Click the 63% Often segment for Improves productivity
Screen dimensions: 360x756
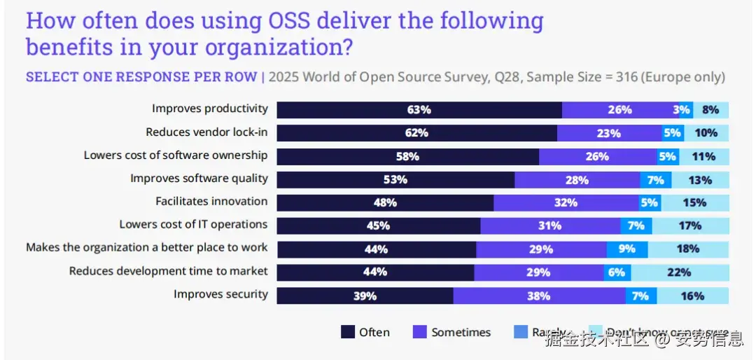419,110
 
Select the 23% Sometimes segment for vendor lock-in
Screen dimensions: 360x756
609,133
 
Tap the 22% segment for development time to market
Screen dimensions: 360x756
679,272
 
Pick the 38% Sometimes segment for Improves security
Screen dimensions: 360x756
538,296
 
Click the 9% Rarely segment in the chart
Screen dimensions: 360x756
626,249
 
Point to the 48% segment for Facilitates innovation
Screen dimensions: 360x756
385,203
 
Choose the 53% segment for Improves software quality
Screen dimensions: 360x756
395,180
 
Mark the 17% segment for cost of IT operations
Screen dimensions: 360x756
690,226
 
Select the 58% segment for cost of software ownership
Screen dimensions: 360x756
407,156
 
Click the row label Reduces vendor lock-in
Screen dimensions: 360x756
206,132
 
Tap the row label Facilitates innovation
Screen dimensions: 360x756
211,201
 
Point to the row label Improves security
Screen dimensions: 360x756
220,294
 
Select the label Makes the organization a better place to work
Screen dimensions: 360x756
147,247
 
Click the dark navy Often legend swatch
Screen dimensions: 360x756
348,332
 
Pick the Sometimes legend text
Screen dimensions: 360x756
461,332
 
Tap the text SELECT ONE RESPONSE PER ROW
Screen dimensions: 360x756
141,77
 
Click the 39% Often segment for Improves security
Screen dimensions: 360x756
365,296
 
